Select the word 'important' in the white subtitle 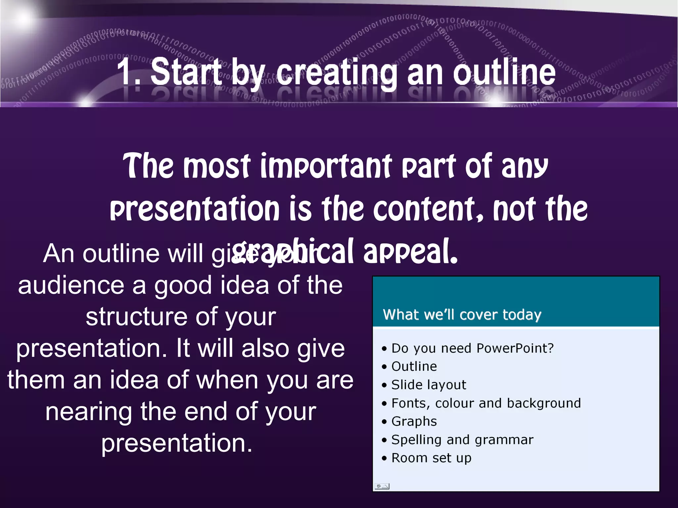coord(326,166)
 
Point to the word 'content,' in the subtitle coord(428,209)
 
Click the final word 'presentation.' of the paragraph coord(177,443)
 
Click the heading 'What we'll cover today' coord(462,315)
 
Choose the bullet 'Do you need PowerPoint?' coord(472,348)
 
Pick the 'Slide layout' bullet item coord(428,385)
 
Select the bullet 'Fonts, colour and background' coord(486,403)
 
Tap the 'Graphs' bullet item coord(414,421)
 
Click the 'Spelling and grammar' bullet coord(462,440)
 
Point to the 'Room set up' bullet coord(431,458)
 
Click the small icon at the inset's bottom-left coord(382,486)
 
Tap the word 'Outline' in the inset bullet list coord(414,366)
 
